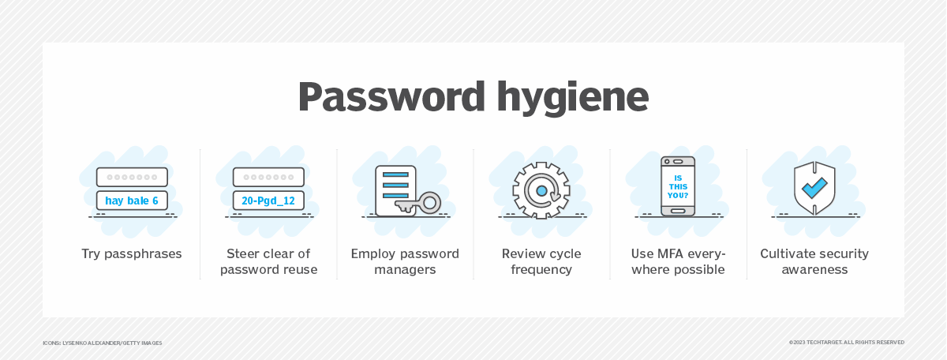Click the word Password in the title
pos(391,97)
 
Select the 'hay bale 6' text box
pos(132,201)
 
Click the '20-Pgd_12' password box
pos(268,201)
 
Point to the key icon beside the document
pos(418,203)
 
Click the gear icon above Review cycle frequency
pos(541,191)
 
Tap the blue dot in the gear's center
pos(541,191)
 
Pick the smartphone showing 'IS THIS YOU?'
pos(678,186)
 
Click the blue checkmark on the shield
pos(814,188)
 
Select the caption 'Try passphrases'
pos(132,254)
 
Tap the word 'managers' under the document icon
pos(405,270)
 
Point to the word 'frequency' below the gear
pos(541,270)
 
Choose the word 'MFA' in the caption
pos(671,254)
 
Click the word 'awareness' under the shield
pos(814,270)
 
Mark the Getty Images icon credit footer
pos(103,343)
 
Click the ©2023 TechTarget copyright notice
pos(846,342)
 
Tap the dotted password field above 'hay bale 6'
pos(132,178)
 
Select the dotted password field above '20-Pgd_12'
pos(268,178)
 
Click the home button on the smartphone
pos(678,211)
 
